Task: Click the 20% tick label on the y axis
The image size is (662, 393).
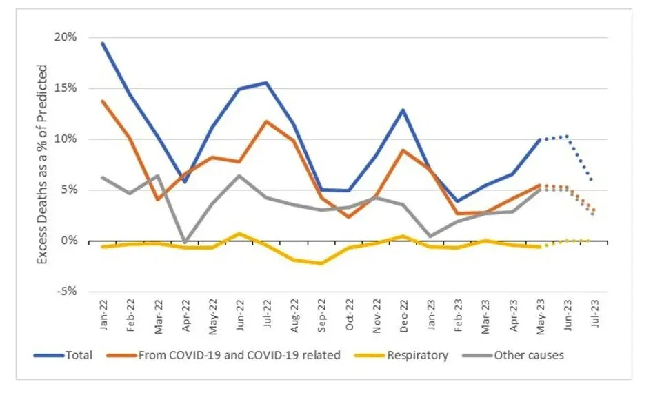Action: [x=66, y=37]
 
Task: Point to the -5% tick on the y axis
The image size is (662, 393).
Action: [x=66, y=292]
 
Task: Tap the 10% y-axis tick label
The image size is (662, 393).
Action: [x=66, y=139]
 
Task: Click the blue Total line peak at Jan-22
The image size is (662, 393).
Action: [x=103, y=43]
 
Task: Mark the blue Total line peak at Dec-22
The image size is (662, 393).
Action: [x=403, y=110]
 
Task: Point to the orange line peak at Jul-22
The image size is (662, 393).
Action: [x=266, y=121]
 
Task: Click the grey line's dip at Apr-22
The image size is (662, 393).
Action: [x=185, y=242]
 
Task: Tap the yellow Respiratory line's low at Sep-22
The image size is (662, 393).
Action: [x=321, y=263]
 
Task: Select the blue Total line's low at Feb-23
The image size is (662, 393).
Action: [x=457, y=201]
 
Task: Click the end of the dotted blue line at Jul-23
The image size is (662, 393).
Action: [x=593, y=181]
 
